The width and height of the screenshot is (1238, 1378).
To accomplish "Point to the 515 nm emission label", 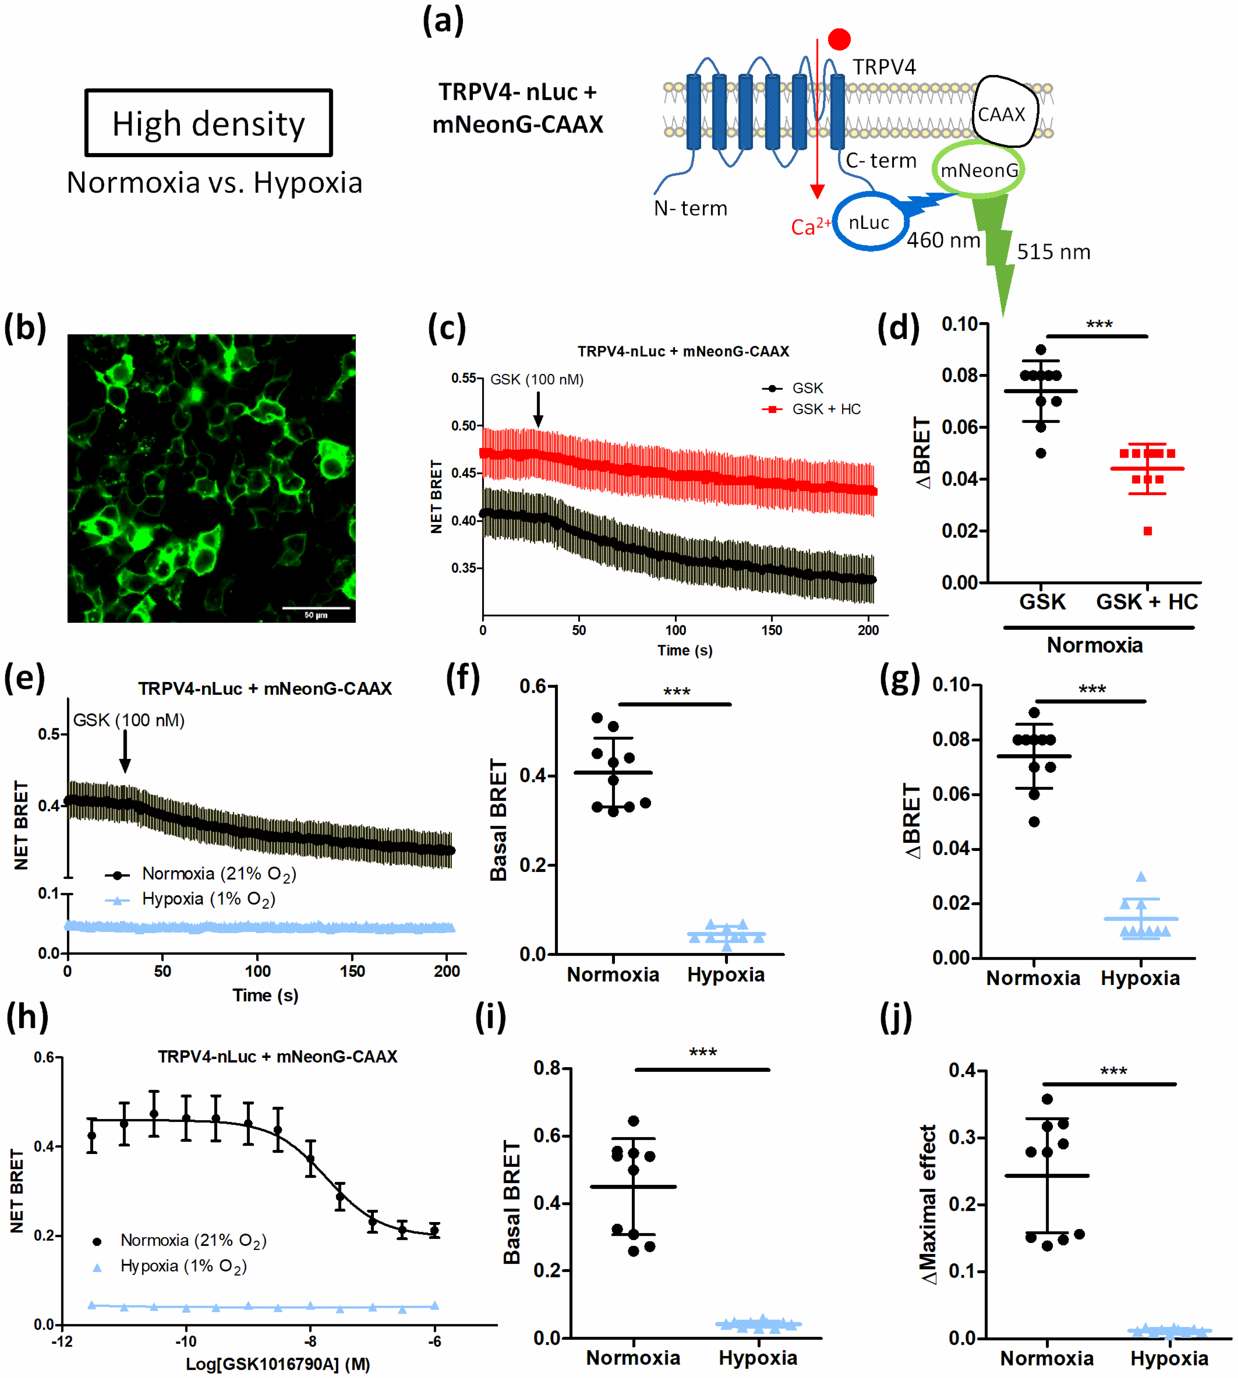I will point(1053,252).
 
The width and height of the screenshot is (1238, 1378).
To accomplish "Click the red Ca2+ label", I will point(810,226).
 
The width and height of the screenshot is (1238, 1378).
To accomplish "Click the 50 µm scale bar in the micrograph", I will point(316,608).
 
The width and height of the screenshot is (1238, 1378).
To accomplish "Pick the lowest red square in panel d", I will point(1147,531).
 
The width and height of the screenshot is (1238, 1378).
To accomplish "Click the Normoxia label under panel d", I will point(1094,645).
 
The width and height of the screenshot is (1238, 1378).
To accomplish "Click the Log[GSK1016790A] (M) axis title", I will point(278,1364).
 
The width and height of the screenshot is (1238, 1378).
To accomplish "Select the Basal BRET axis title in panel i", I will point(512,1202).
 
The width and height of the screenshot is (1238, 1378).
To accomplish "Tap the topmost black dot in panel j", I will point(1047,1099).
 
